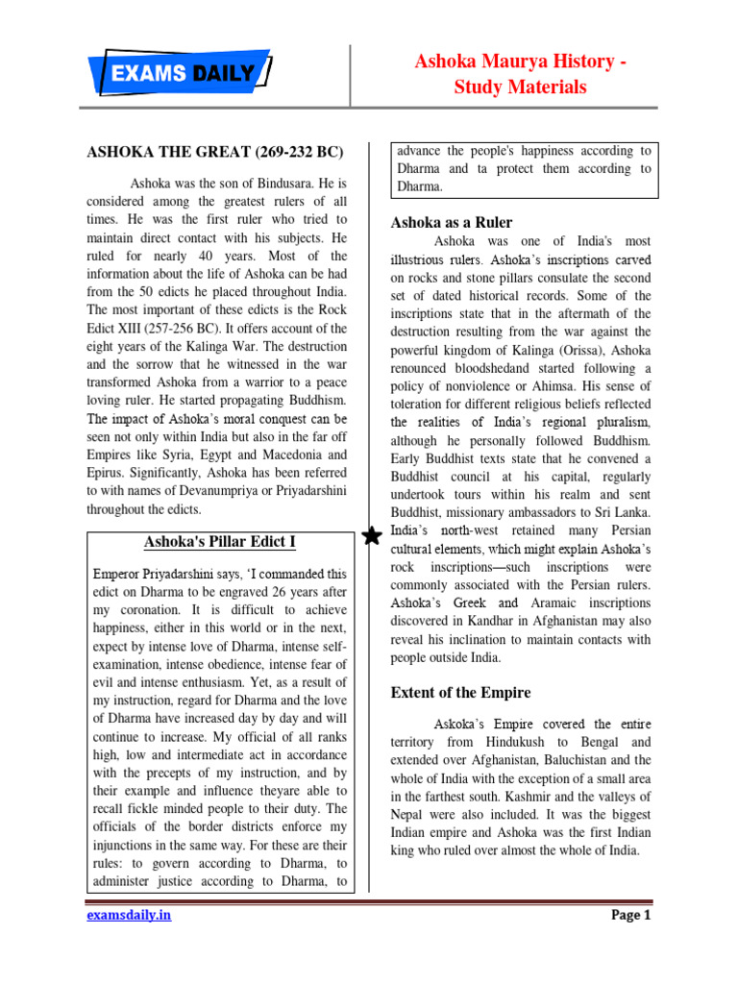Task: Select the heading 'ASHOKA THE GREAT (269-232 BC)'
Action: [x=216, y=152]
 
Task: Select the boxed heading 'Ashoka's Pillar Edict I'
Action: [x=220, y=542]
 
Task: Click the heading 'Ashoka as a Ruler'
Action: [x=452, y=222]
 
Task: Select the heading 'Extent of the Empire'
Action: [x=460, y=692]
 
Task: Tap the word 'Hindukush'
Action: [x=518, y=742]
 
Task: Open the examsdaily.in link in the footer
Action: [x=129, y=915]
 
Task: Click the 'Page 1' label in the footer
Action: [x=631, y=915]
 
